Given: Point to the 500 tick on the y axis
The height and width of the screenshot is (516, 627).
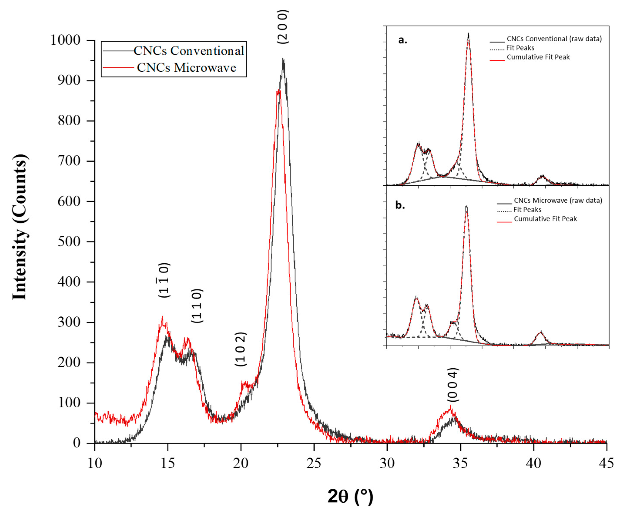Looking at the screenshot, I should pos(69,242).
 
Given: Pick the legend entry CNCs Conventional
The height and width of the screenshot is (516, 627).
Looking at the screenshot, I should pos(189,51).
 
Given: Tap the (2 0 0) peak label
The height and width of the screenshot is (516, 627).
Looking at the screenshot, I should pos(282,27).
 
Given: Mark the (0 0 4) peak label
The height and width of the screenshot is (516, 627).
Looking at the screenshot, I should pos(453,385).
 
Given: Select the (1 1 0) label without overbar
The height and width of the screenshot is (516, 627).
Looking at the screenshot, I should pos(197,306).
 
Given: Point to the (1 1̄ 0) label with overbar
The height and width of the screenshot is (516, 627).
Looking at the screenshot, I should pos(164,280).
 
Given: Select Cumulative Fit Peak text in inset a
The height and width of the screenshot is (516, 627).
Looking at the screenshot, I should pos(538,57).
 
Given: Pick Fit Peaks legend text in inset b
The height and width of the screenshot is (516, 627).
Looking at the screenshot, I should pos(527,210).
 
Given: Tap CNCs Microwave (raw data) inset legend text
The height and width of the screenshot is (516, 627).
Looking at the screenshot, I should pos(558,200).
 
